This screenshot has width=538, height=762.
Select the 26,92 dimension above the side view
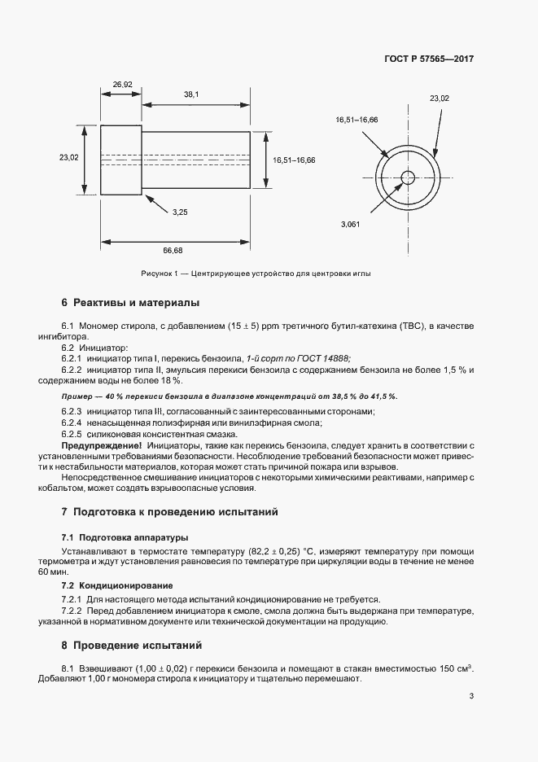(122, 84)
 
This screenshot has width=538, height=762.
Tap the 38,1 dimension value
(191, 94)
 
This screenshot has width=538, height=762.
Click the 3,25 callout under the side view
(180, 212)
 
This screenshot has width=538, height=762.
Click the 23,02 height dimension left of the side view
(68, 158)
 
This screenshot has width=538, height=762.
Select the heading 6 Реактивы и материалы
(129, 303)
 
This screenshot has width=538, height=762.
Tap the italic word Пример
(77, 396)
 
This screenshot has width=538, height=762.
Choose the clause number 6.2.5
(75, 436)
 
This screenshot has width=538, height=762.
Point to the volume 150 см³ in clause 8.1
(456, 668)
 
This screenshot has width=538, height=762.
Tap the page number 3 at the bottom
(471, 696)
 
